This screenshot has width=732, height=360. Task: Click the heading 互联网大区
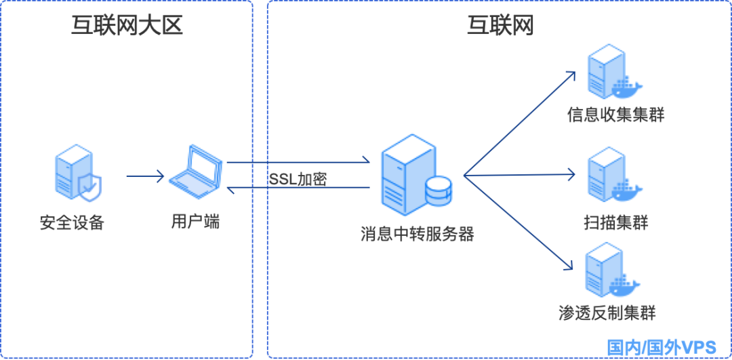[127, 26]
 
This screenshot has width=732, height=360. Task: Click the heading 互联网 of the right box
[500, 26]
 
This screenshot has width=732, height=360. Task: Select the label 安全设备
[73, 222]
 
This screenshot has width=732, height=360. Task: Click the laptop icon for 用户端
[197, 169]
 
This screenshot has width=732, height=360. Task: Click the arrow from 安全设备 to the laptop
[145, 177]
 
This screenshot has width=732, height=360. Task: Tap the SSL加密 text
[298, 180]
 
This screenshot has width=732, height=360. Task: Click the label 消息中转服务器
[417, 235]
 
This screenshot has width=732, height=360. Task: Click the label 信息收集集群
[615, 116]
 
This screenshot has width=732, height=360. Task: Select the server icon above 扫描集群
[610, 175]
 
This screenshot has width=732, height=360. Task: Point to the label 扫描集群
[615, 222]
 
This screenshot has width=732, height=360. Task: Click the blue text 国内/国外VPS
[661, 347]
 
